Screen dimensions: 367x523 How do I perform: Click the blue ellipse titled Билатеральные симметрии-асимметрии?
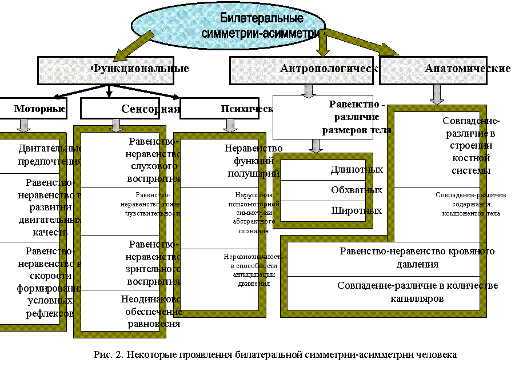click(x=229, y=25)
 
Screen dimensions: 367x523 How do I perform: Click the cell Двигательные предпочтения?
click(x=40, y=154)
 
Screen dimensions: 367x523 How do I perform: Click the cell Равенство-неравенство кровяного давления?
click(x=389, y=258)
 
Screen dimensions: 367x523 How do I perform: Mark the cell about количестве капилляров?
click(x=389, y=292)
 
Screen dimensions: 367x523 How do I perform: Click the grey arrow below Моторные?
click(x=25, y=125)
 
